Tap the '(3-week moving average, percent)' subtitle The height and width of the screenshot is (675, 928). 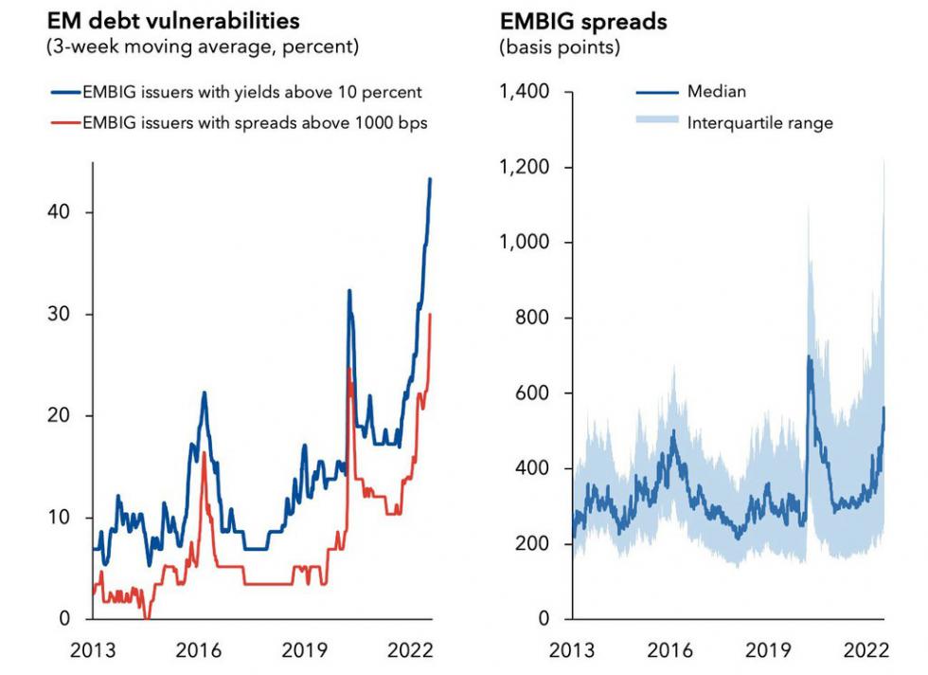[x=203, y=46]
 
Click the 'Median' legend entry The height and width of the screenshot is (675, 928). [x=717, y=92]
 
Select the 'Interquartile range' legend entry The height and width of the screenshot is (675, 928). [x=760, y=122]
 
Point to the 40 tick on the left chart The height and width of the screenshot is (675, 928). [x=59, y=212]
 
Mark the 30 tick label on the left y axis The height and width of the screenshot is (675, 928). [x=59, y=314]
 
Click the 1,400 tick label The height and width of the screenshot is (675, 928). [x=525, y=92]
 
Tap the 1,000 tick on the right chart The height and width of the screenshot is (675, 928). [x=525, y=243]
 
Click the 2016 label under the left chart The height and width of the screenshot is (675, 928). [x=198, y=650]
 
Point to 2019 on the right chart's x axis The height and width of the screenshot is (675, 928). [x=768, y=650]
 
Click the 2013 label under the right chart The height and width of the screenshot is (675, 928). [x=573, y=650]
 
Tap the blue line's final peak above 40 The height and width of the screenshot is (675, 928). [x=430, y=178]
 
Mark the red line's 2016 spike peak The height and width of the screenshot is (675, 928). [x=204, y=453]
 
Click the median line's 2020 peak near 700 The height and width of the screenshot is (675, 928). [x=809, y=356]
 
